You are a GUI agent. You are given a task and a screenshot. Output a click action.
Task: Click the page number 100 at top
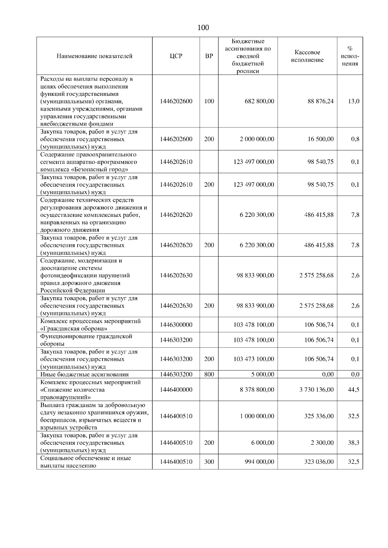pos(203,28)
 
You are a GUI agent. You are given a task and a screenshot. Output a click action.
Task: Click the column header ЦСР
pos(176,56)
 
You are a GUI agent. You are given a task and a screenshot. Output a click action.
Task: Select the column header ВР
pos(209,56)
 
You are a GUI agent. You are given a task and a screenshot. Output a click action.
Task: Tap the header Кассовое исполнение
pos(307,56)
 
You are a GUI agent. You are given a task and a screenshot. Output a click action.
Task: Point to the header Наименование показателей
pos(94,56)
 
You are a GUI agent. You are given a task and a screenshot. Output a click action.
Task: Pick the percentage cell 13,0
pos(353,101)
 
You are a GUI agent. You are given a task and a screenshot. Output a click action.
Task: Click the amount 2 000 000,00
pos(257,139)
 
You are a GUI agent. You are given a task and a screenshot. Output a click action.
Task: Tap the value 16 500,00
pos(320,139)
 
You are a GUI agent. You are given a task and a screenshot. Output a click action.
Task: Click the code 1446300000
pos(176,325)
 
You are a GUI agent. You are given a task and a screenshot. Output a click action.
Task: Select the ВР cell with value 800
pos(209,374)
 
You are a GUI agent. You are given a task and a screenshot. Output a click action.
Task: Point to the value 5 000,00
pos(263,374)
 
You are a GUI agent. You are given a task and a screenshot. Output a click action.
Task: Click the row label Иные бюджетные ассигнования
pos(84,375)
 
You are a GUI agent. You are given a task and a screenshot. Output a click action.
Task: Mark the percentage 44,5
pos(353,390)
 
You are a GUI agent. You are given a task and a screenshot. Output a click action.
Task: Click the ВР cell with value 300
pos(209,462)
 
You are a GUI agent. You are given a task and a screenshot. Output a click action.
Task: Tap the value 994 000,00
pos(259,462)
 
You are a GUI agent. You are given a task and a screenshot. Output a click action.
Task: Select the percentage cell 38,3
pos(353,443)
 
